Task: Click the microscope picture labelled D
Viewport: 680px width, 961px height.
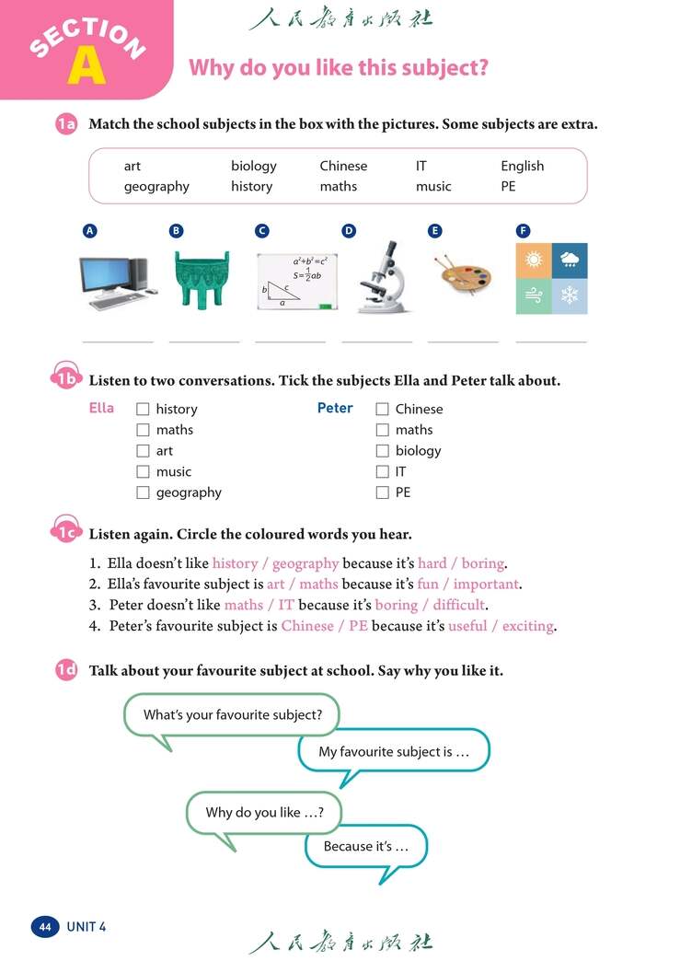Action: [x=377, y=277]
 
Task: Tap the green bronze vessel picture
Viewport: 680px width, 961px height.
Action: [x=203, y=278]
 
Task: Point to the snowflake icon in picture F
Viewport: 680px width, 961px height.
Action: [x=570, y=296]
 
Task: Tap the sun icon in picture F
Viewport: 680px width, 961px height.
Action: [x=534, y=261]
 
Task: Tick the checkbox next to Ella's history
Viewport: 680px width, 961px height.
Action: [x=143, y=409]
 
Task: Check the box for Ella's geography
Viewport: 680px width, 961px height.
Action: [x=143, y=492]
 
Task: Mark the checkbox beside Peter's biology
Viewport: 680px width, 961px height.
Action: [x=383, y=451]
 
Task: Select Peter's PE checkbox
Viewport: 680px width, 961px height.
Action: [x=383, y=492]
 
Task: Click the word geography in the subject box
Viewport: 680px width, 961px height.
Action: [x=156, y=187]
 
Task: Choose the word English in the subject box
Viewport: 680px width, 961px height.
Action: [x=522, y=167]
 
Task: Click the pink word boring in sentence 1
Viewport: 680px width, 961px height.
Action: [x=483, y=563]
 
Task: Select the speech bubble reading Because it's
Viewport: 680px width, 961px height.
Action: [x=365, y=846]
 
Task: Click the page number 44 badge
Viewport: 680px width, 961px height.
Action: [x=45, y=927]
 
